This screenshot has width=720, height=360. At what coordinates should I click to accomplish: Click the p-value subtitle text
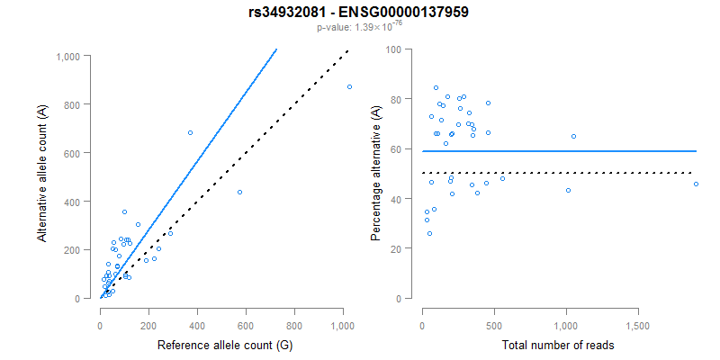point(359,28)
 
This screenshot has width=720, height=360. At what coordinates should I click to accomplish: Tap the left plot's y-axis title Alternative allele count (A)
point(42,174)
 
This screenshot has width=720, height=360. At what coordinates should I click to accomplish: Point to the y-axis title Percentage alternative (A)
point(376,174)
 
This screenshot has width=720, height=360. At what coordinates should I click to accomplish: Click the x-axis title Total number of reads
point(559,345)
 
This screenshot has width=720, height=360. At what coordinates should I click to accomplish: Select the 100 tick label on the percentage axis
point(392,49)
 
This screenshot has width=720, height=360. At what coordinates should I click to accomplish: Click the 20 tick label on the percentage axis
point(395,248)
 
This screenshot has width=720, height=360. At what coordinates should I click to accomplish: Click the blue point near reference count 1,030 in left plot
point(349,86)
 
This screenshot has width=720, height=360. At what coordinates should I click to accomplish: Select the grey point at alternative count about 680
point(190,132)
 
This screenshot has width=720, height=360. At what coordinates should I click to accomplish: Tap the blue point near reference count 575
point(239,192)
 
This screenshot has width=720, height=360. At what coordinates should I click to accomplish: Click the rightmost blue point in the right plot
point(696,184)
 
